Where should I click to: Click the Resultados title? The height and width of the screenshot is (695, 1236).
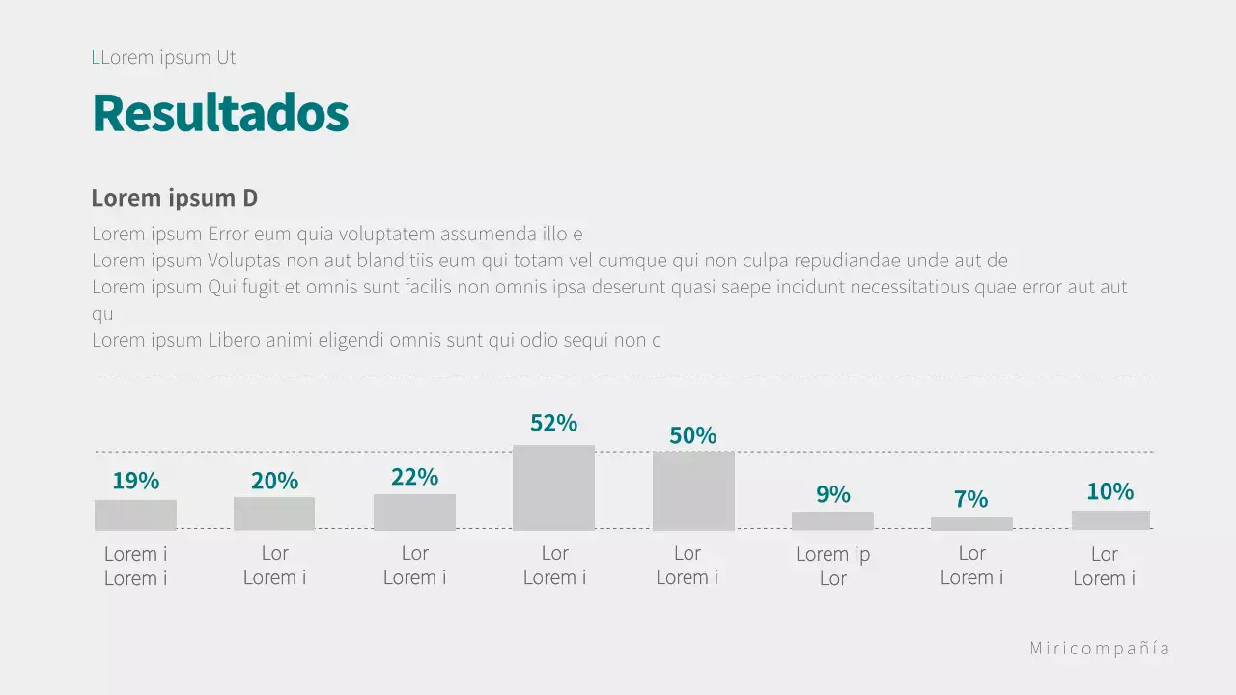pyautogui.click(x=220, y=114)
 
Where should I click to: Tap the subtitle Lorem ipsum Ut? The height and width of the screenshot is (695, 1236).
pyautogui.click(x=164, y=58)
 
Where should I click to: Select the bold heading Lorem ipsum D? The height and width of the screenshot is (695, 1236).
pyautogui.click(x=175, y=198)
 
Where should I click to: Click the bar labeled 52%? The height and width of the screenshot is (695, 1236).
pyautogui.click(x=553, y=487)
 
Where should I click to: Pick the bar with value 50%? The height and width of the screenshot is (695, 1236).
pyautogui.click(x=693, y=490)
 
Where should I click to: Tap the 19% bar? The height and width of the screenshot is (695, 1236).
pyautogui.click(x=135, y=514)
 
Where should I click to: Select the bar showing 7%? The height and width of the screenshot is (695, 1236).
pyautogui.click(x=971, y=523)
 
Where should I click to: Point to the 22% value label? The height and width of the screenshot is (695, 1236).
pyautogui.click(x=414, y=477)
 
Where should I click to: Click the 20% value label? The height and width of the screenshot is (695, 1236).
pyautogui.click(x=274, y=481)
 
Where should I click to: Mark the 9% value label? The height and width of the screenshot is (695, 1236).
pyautogui.click(x=832, y=495)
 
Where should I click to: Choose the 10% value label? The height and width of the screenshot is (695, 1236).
pyautogui.click(x=1110, y=491)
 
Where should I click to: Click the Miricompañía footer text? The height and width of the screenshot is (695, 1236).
pyautogui.click(x=1100, y=649)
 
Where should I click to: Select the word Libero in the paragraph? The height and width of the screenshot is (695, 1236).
pyautogui.click(x=236, y=340)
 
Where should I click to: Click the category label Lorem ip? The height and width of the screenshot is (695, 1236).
pyautogui.click(x=832, y=554)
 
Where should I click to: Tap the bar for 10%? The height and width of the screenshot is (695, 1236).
pyautogui.click(x=1110, y=519)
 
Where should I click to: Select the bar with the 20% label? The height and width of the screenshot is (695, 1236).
pyautogui.click(x=274, y=514)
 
